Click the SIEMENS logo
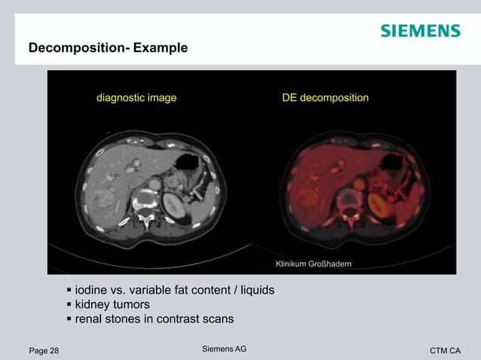pyautogui.click(x=420, y=31)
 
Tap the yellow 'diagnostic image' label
pyautogui.click(x=136, y=98)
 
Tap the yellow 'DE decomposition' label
pyautogui.click(x=325, y=98)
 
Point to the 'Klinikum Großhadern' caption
pyautogui.click(x=314, y=264)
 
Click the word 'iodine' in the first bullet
pyautogui.click(x=92, y=290)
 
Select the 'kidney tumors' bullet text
pyautogui.click(x=112, y=304)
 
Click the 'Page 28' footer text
pyautogui.click(x=44, y=350)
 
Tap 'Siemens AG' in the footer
pyautogui.click(x=225, y=349)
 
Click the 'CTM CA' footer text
pyautogui.click(x=445, y=350)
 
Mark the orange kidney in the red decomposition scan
pyautogui.click(x=379, y=205)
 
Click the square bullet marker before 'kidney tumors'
pyautogui.click(x=69, y=304)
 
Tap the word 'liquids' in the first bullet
pyautogui.click(x=255, y=290)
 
